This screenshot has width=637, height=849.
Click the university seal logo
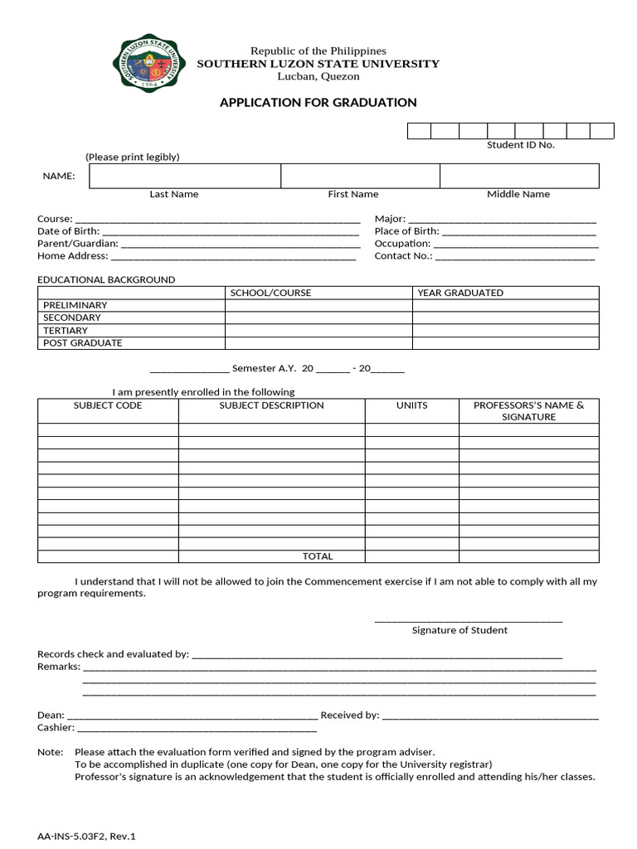[149, 63]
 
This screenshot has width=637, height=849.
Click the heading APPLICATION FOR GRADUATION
[318, 103]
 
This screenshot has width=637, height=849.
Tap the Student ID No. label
[520, 145]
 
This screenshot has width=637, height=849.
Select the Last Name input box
[185, 176]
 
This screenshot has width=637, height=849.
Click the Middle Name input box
[518, 176]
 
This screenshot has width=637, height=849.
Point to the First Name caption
[353, 194]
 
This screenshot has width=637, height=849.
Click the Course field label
[55, 219]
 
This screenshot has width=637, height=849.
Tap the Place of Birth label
[406, 231]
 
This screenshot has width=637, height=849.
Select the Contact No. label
[403, 256]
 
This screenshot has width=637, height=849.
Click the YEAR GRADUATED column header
[460, 293]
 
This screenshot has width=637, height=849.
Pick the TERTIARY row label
[66, 330]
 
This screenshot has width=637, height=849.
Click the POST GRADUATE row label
[82, 342]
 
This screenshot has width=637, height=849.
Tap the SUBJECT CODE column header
[108, 405]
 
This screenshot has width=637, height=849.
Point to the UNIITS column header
[411, 405]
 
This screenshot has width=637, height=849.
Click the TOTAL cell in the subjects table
[318, 556]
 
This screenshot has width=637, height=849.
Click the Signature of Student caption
[460, 630]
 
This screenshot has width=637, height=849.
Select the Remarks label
[59, 667]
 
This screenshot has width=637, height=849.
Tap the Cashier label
[56, 728]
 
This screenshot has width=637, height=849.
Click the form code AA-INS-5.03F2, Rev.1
[86, 837]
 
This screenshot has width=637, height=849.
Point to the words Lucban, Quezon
[318, 76]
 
